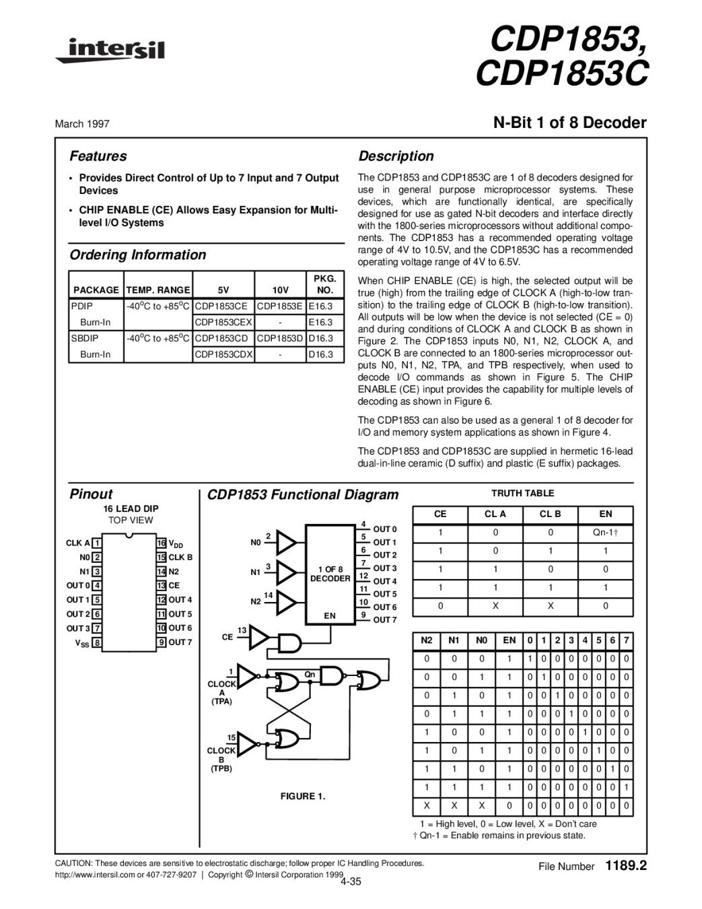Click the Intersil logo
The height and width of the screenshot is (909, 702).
(x=110, y=50)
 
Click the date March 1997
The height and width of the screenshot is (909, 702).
(x=82, y=124)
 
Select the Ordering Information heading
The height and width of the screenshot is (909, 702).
(x=138, y=255)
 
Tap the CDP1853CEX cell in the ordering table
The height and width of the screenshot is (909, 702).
(x=223, y=323)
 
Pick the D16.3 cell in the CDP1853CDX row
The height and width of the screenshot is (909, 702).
(x=321, y=354)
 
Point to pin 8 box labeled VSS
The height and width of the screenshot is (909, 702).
(x=97, y=643)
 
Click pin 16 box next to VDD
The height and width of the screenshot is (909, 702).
(x=161, y=543)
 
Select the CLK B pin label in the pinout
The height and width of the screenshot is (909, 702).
(x=180, y=558)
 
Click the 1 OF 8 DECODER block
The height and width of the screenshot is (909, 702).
(x=330, y=574)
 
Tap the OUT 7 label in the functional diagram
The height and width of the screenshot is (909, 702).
(x=385, y=620)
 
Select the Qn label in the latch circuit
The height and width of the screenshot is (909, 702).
(x=310, y=675)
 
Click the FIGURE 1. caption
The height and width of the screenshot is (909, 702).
(x=303, y=797)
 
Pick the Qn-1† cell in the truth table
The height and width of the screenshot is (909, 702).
(x=606, y=533)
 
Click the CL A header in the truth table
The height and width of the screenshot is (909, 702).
(x=495, y=514)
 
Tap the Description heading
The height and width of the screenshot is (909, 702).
(x=396, y=156)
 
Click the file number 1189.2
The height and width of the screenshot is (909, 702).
(x=626, y=865)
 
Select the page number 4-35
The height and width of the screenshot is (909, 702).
(x=351, y=882)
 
